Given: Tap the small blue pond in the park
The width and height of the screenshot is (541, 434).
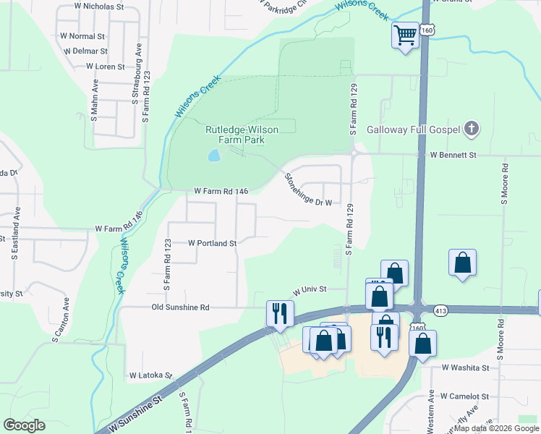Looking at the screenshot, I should coord(213,156).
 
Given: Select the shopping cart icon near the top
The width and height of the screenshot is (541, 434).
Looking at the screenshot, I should coord(406,35).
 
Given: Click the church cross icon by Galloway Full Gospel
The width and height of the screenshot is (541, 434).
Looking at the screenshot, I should coord(471,129).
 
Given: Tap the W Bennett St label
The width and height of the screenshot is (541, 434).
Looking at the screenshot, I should coord(453,155).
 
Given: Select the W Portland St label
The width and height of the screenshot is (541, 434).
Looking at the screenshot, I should coord(213,244).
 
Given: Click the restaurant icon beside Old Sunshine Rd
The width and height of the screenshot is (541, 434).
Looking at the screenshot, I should coord(280,313).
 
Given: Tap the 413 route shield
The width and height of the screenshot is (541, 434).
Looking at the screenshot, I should coord(440,310).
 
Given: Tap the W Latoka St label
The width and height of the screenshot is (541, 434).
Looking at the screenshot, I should coord(150,375).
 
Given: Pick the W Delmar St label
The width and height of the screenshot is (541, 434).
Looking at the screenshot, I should coord(85,51).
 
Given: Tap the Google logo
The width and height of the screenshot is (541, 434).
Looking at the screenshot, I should coord(25,425).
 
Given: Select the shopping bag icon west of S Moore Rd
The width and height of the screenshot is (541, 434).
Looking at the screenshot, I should coord(462,263).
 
